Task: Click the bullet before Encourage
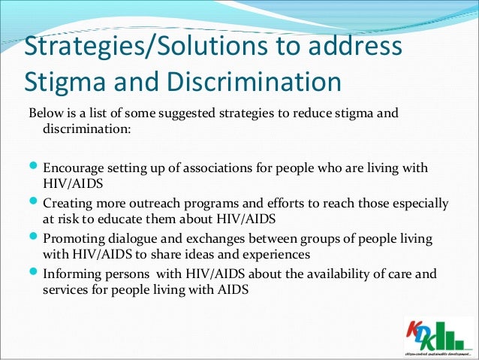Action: click(x=34, y=166)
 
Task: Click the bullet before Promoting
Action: click(x=34, y=240)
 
